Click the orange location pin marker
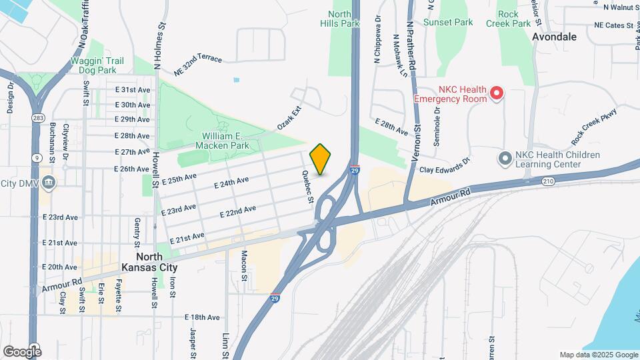point(321,159)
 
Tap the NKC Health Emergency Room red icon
point(496,94)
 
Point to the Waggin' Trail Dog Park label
point(97,65)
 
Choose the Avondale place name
point(554,37)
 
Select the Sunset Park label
point(448,22)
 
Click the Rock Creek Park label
point(513,19)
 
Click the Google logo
point(21,351)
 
